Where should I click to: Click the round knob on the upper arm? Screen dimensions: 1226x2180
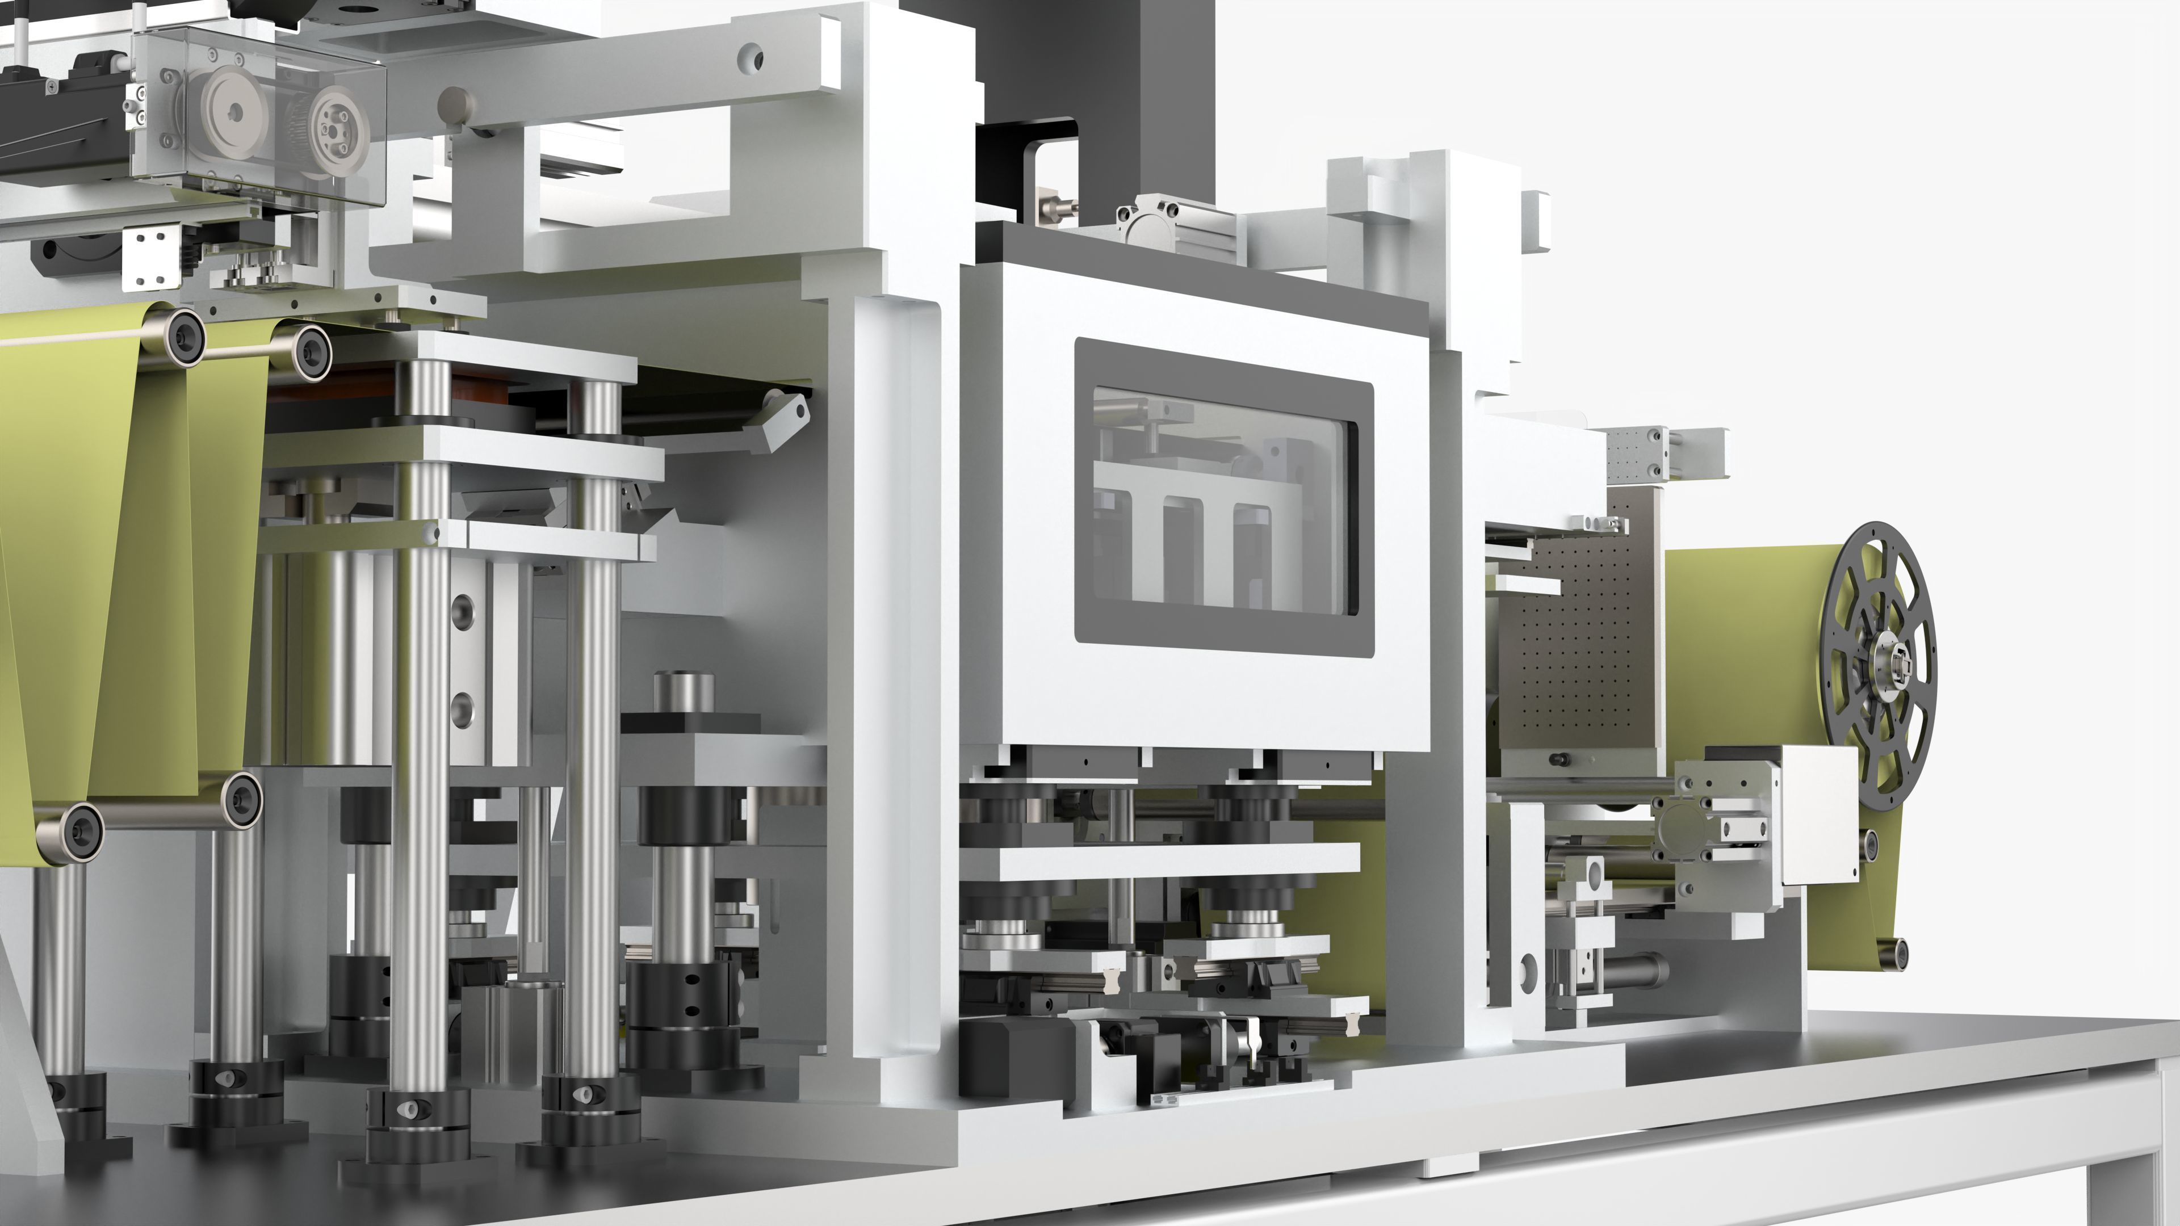pyautogui.click(x=455, y=106)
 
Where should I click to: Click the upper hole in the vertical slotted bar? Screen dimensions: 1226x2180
pyautogui.click(x=463, y=608)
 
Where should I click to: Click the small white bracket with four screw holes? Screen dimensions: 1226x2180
pyautogui.click(x=152, y=257)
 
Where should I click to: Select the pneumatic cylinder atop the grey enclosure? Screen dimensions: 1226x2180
pyautogui.click(x=1176, y=228)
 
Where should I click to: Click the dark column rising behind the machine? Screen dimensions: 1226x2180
pyautogui.click(x=1126, y=76)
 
